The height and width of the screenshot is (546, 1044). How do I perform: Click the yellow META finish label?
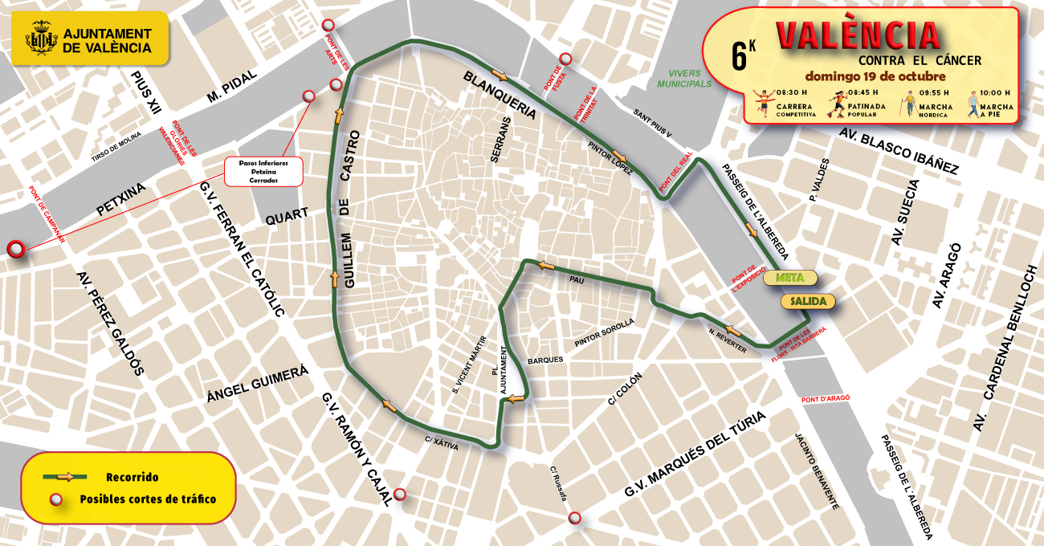point(789,278)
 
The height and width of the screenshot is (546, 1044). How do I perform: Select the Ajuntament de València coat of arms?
point(42,39)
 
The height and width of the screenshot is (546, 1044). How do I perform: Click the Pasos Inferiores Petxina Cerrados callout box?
point(263,171)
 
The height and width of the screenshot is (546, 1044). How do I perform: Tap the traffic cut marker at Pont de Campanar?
point(14,250)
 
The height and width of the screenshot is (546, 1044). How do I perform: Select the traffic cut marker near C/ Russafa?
point(574,518)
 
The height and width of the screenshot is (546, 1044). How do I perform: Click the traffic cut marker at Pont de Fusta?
point(565,59)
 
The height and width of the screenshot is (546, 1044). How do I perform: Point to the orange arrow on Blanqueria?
point(500,75)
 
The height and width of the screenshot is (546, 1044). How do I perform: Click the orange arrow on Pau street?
point(547,265)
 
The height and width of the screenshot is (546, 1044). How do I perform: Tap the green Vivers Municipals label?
point(684,78)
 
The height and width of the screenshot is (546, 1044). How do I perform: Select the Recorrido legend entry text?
point(132,477)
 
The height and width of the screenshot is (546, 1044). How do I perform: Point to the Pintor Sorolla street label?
point(605,332)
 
